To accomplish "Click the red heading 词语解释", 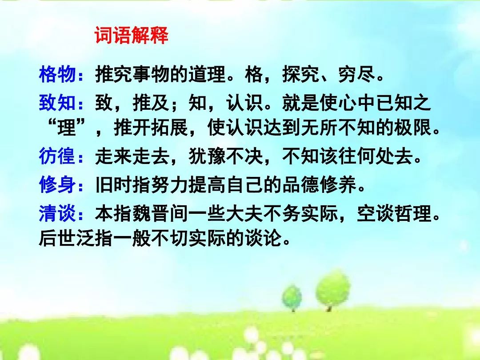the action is point(132,35).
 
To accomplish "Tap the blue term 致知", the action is point(57,102).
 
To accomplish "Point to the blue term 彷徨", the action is point(57,156).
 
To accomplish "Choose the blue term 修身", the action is point(57,184).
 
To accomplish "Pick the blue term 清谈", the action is point(57,213).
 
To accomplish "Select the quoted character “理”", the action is point(66,127).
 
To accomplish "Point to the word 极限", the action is point(412,127).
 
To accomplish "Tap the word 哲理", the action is point(412,213).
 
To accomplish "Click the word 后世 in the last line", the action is point(57,237).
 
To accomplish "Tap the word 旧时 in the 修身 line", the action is point(114,184).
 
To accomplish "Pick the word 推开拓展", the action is point(151,127).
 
